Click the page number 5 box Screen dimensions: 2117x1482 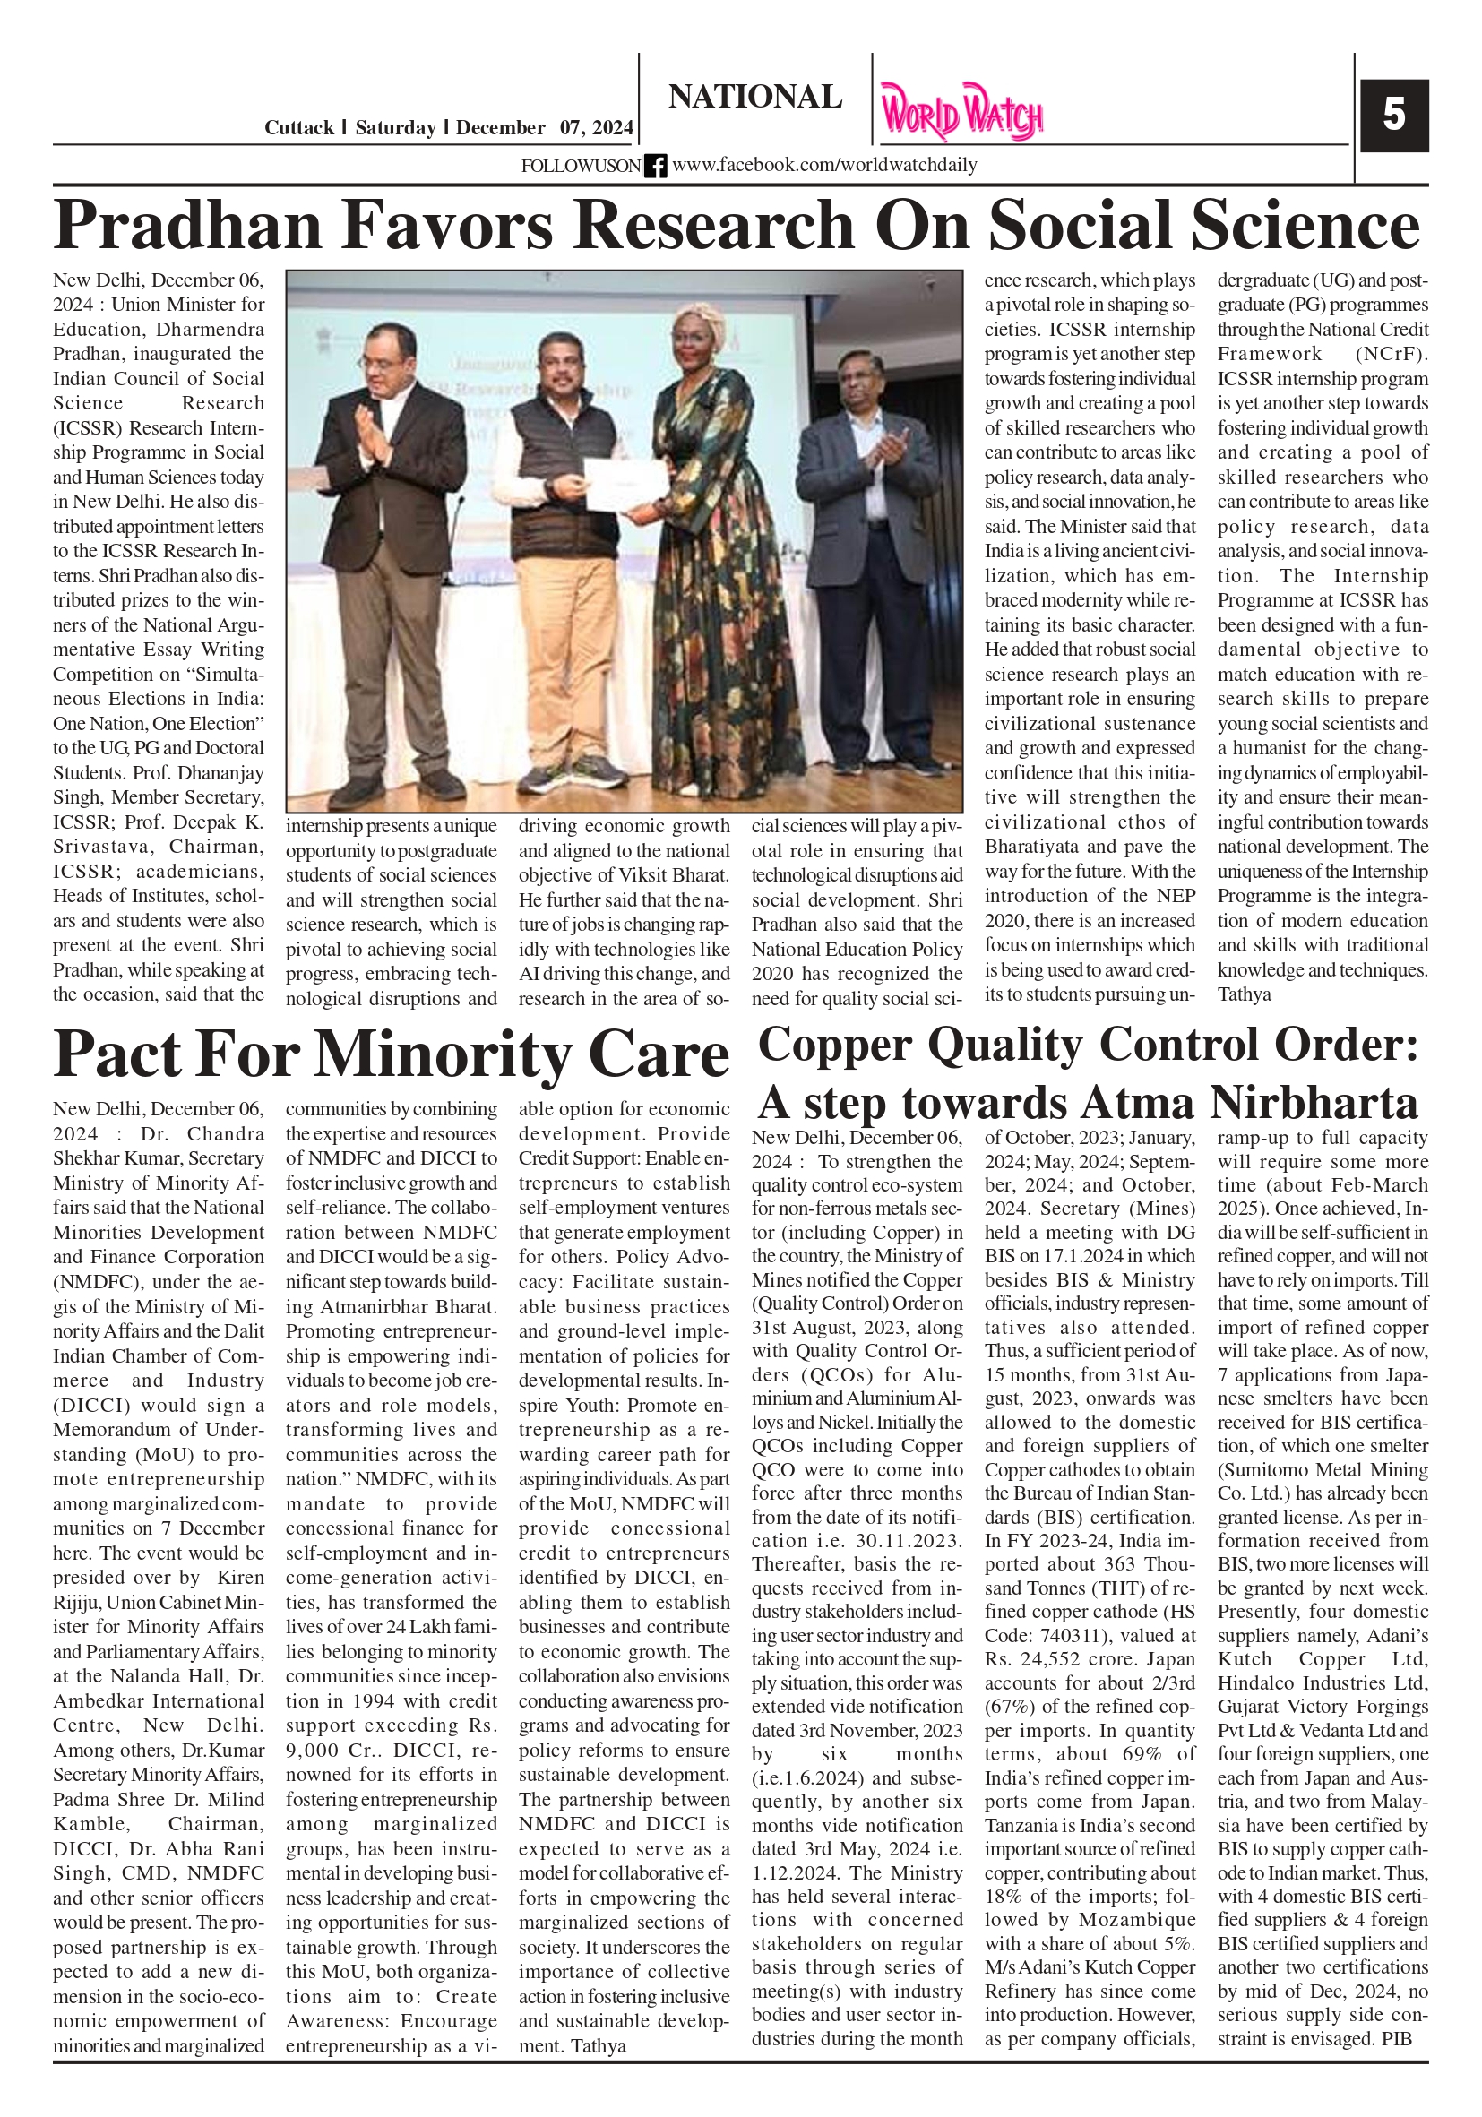(x=1393, y=116)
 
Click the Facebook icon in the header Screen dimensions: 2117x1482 (x=655, y=166)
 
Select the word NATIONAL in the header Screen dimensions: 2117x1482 (x=754, y=97)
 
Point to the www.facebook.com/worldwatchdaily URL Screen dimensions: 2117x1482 (x=823, y=166)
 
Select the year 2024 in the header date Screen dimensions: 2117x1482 (x=610, y=128)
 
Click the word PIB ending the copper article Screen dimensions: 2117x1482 (x=1396, y=2039)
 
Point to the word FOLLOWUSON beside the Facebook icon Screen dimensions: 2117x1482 (x=581, y=166)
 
